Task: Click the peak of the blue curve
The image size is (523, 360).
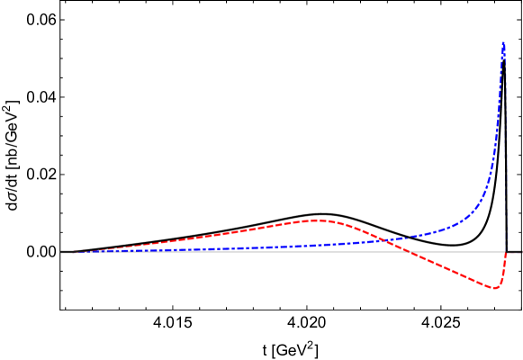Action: pos(503,41)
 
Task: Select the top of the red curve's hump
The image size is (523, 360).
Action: pos(315,220)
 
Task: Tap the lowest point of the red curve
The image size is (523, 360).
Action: pos(494,288)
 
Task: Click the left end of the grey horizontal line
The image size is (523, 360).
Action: pos(61,252)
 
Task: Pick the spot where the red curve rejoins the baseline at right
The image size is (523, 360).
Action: pos(506,253)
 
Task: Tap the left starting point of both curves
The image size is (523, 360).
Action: pos(74,252)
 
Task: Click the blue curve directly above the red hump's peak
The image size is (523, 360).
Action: pos(315,245)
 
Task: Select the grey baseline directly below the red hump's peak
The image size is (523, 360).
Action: pos(315,252)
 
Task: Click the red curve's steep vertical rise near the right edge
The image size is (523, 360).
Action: pos(503,270)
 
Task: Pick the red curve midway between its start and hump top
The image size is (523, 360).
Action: pos(194,238)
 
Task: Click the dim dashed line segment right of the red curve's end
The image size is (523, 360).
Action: pos(515,252)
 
